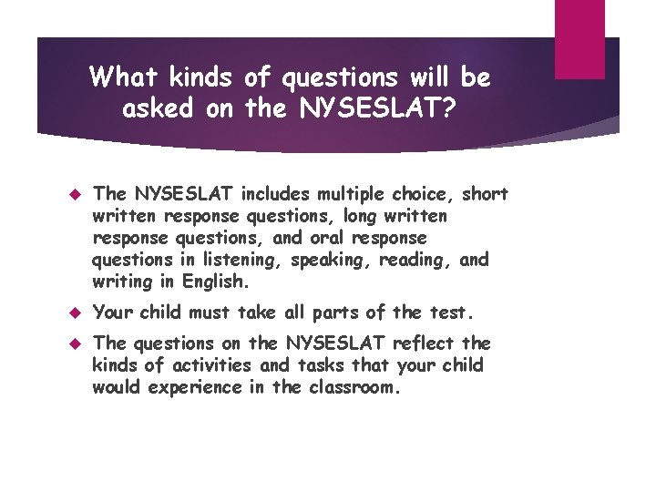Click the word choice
click(x=422, y=194)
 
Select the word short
click(x=486, y=194)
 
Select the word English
click(x=217, y=282)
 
